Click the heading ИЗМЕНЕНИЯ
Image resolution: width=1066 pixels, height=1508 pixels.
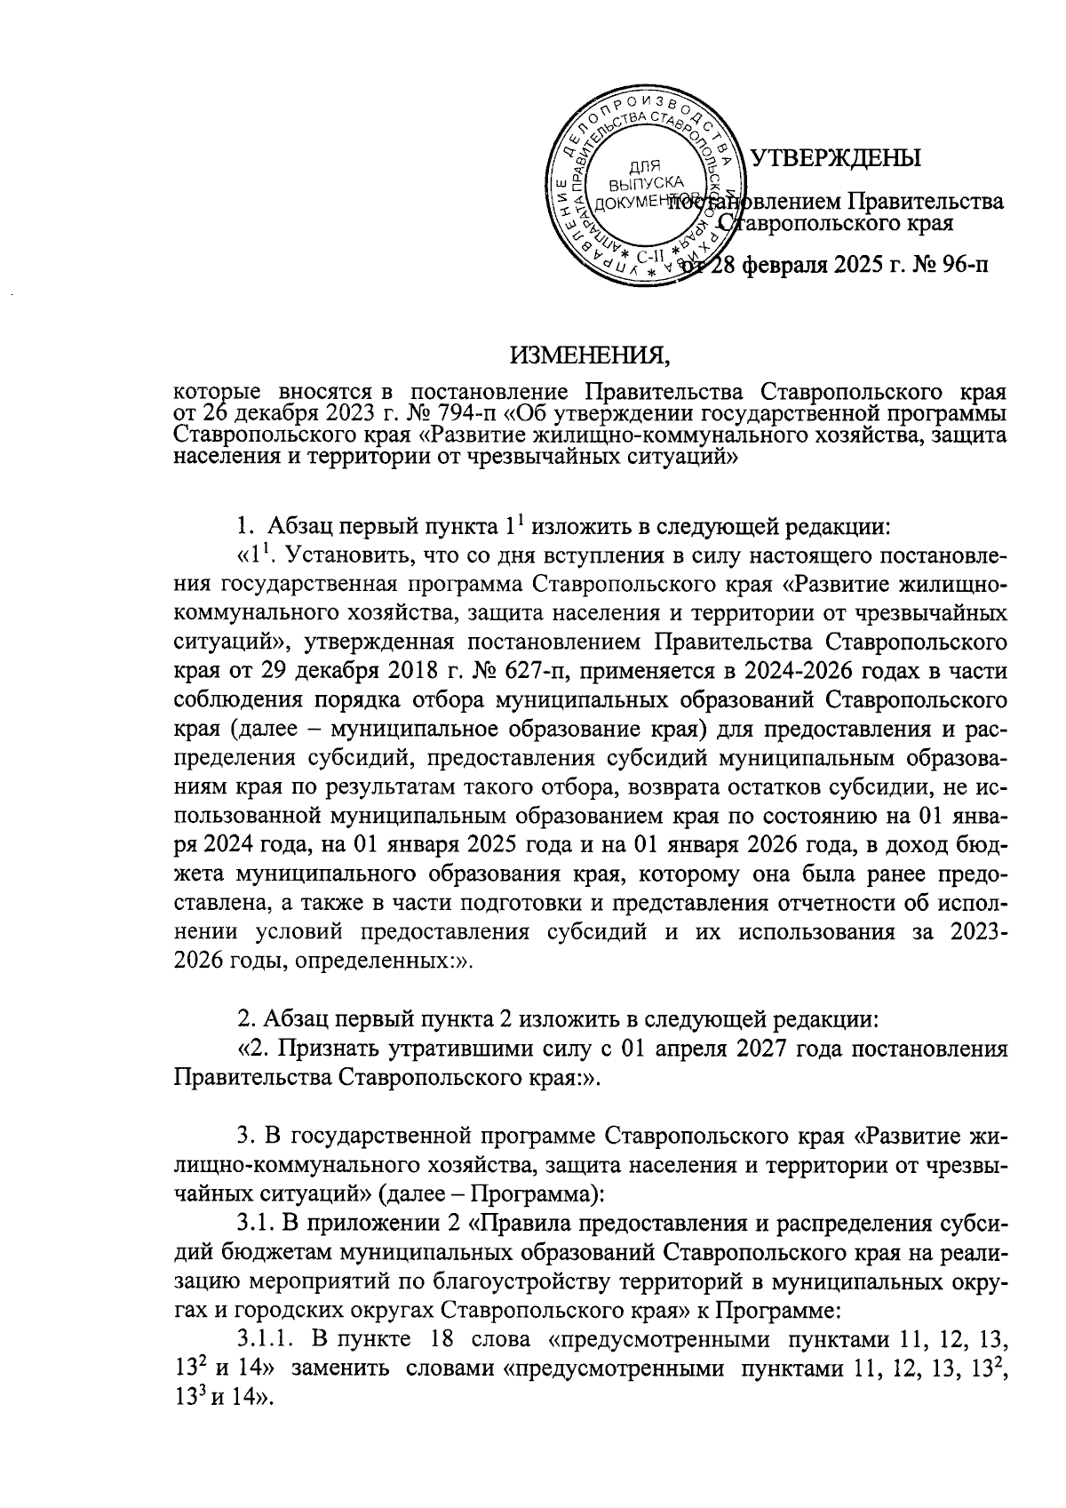[590, 357]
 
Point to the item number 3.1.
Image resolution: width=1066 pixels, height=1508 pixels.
[255, 1224]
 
